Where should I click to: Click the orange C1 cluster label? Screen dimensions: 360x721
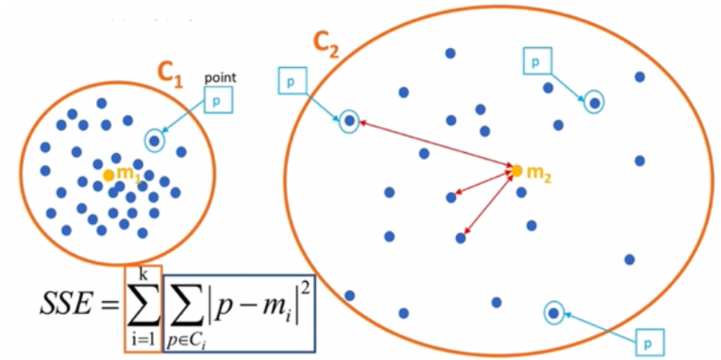(x=168, y=76)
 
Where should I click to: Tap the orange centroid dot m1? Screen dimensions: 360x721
(x=109, y=175)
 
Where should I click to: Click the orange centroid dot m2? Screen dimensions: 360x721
(x=515, y=170)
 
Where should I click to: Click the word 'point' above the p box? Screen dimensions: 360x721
(x=221, y=78)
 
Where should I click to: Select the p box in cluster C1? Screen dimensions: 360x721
(x=219, y=100)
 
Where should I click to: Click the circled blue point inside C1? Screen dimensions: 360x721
(x=155, y=141)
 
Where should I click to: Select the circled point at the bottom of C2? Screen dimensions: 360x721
(x=554, y=314)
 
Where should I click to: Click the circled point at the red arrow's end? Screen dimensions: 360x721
(x=350, y=120)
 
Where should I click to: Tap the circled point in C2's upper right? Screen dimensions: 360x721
(x=594, y=103)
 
